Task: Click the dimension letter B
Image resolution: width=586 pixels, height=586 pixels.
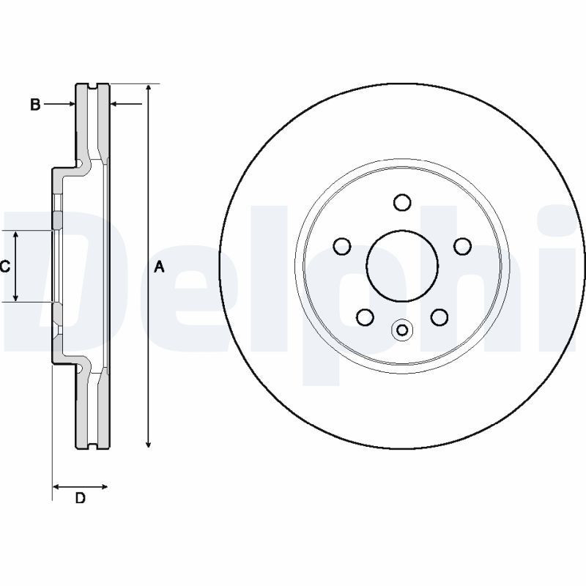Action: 34,105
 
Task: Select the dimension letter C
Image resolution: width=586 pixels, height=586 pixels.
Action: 4,267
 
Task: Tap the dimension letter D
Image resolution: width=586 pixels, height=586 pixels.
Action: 81,499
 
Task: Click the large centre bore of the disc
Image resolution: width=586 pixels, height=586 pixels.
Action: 401,264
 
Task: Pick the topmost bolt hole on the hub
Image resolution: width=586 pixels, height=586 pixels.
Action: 401,202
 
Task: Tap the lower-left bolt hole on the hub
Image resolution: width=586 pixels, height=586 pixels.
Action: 364,316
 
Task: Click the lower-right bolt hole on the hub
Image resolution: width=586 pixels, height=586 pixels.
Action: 439,316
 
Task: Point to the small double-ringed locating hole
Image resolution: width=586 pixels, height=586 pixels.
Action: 401,330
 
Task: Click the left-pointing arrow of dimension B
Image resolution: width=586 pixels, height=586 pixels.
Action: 114,105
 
